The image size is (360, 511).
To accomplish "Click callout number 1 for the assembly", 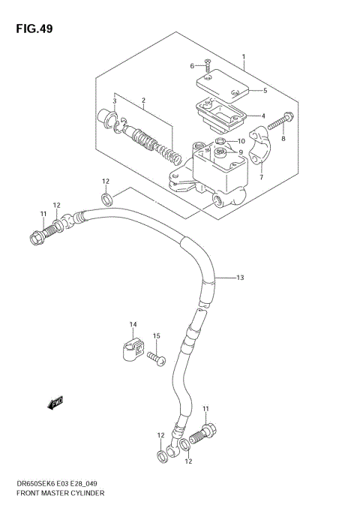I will pyautogui.click(x=243, y=57).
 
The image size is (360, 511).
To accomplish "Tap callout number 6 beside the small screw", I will pyautogui.click(x=192, y=66).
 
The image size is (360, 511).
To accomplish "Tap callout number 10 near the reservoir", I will pyautogui.click(x=242, y=141).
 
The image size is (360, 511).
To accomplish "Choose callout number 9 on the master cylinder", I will pyautogui.click(x=241, y=153).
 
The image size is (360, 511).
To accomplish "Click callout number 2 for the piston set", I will pyautogui.click(x=142, y=100).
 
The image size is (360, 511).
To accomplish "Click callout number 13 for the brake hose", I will pyautogui.click(x=240, y=278).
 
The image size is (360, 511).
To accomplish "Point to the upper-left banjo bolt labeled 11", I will pyautogui.click(x=37, y=239).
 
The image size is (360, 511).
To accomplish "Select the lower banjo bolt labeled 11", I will pyautogui.click(x=203, y=434).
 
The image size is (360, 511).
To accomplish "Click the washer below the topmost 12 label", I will pyautogui.click(x=107, y=198).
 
